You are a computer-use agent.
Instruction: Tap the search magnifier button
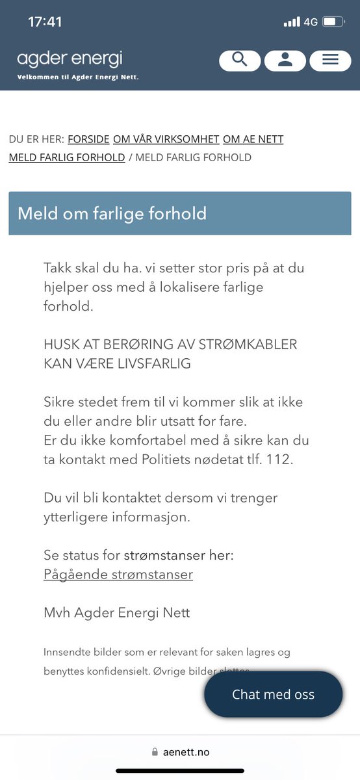coord(240,60)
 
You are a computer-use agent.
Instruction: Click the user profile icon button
coord(285,60)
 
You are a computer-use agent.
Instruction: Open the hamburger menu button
coord(330,60)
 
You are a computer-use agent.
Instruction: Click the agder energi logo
coord(70,60)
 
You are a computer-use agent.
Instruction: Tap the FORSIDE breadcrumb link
coord(88,139)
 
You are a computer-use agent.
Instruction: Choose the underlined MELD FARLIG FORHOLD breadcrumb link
coord(66,157)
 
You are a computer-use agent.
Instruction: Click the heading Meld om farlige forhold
coord(112,213)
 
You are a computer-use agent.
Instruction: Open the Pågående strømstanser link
coord(118,575)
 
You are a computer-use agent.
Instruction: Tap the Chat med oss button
coord(273,694)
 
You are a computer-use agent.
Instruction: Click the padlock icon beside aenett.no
coord(155,752)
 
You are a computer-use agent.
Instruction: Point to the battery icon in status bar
coord(333,22)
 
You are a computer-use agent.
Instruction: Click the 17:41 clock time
coord(45,22)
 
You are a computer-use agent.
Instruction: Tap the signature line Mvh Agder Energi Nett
coord(116,612)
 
